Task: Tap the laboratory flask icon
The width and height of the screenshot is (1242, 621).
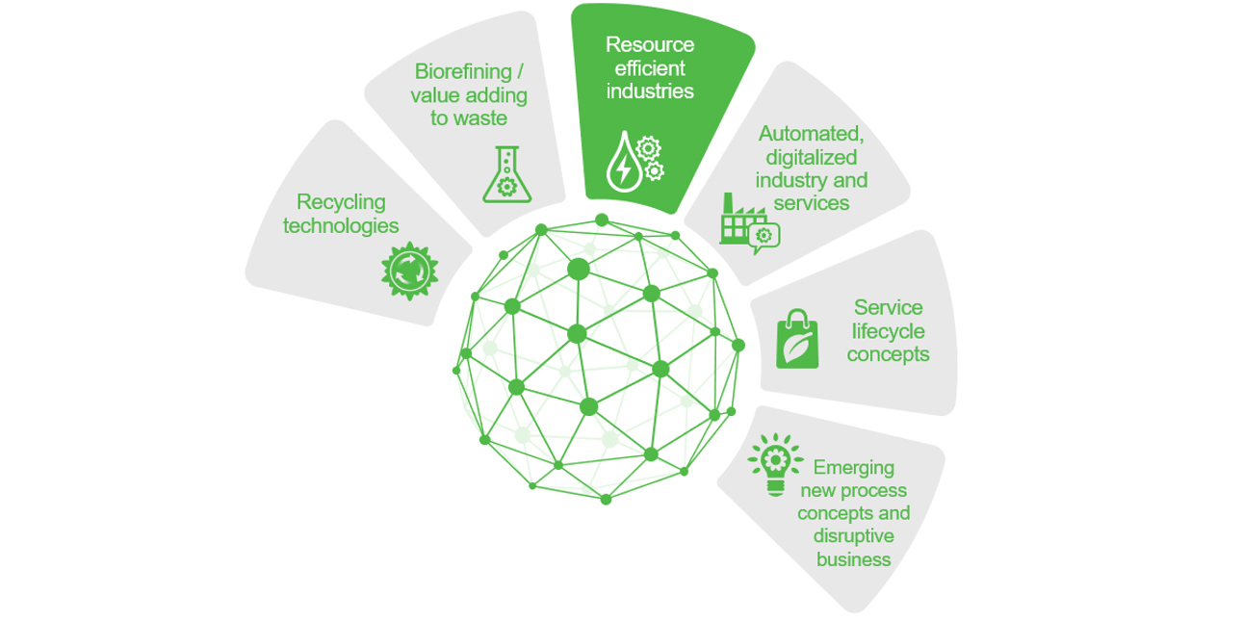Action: [x=506, y=174]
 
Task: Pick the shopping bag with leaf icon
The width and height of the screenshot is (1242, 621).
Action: [x=797, y=339]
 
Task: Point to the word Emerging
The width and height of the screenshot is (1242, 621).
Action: [x=853, y=468]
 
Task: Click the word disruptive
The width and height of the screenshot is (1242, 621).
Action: [x=853, y=536]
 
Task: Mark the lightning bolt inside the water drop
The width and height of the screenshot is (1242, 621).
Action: [x=623, y=169]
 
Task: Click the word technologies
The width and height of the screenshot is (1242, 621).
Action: [x=341, y=226]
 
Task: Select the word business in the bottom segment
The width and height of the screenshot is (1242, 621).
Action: [x=853, y=559]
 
